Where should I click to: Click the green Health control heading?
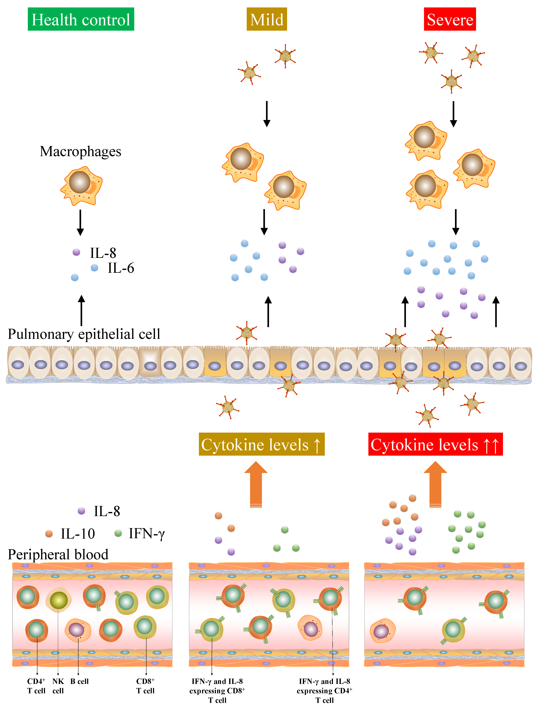point(81,19)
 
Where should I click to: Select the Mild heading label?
point(267,19)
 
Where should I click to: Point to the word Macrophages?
point(80,151)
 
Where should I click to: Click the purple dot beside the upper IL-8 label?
point(76,252)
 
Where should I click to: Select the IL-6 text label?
point(121,268)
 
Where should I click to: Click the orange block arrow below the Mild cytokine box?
point(256,484)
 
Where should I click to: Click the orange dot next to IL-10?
point(49,534)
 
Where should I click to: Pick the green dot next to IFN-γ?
point(118,533)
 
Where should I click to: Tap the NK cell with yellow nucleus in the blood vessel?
point(58,600)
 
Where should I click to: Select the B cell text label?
point(79,681)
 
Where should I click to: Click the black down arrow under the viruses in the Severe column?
point(453,114)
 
